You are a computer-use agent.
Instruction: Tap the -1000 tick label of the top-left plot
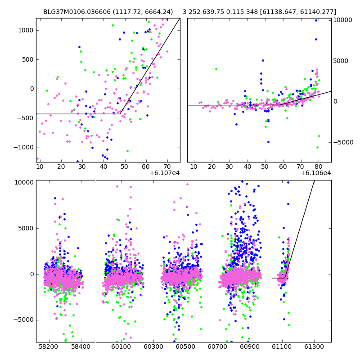click(24, 147)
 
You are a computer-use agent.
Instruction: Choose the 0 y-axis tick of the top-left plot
click(31, 89)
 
